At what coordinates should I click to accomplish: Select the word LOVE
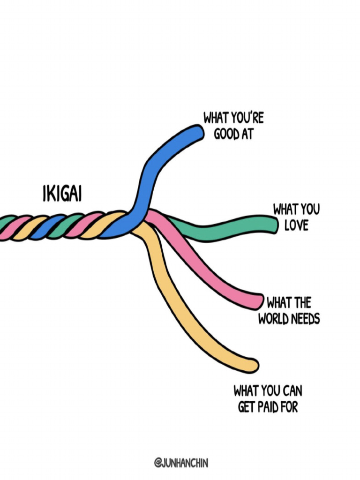(x=296, y=225)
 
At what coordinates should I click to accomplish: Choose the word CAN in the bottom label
(x=292, y=390)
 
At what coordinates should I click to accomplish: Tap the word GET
(x=246, y=407)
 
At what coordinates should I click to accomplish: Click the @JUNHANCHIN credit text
(x=180, y=463)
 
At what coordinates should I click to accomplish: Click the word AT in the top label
(x=247, y=134)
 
